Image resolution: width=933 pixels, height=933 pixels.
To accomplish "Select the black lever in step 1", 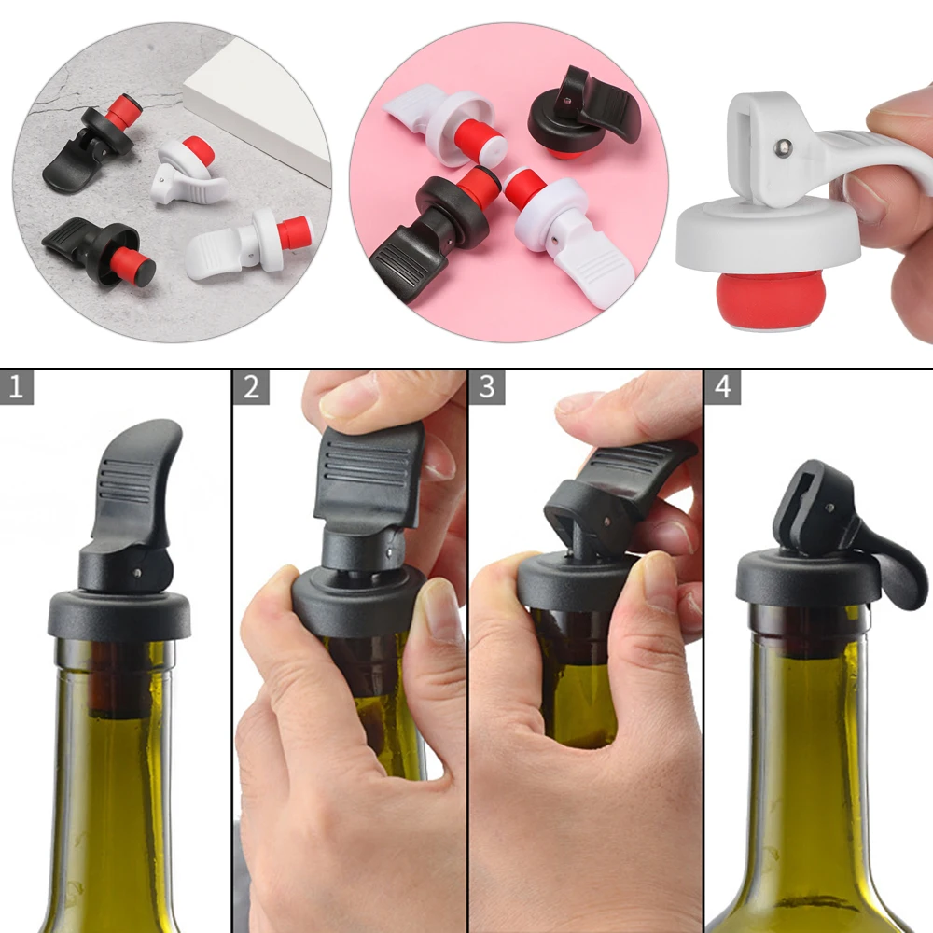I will [x=136, y=485].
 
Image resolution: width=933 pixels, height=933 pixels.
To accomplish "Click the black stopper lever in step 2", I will [x=368, y=476].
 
